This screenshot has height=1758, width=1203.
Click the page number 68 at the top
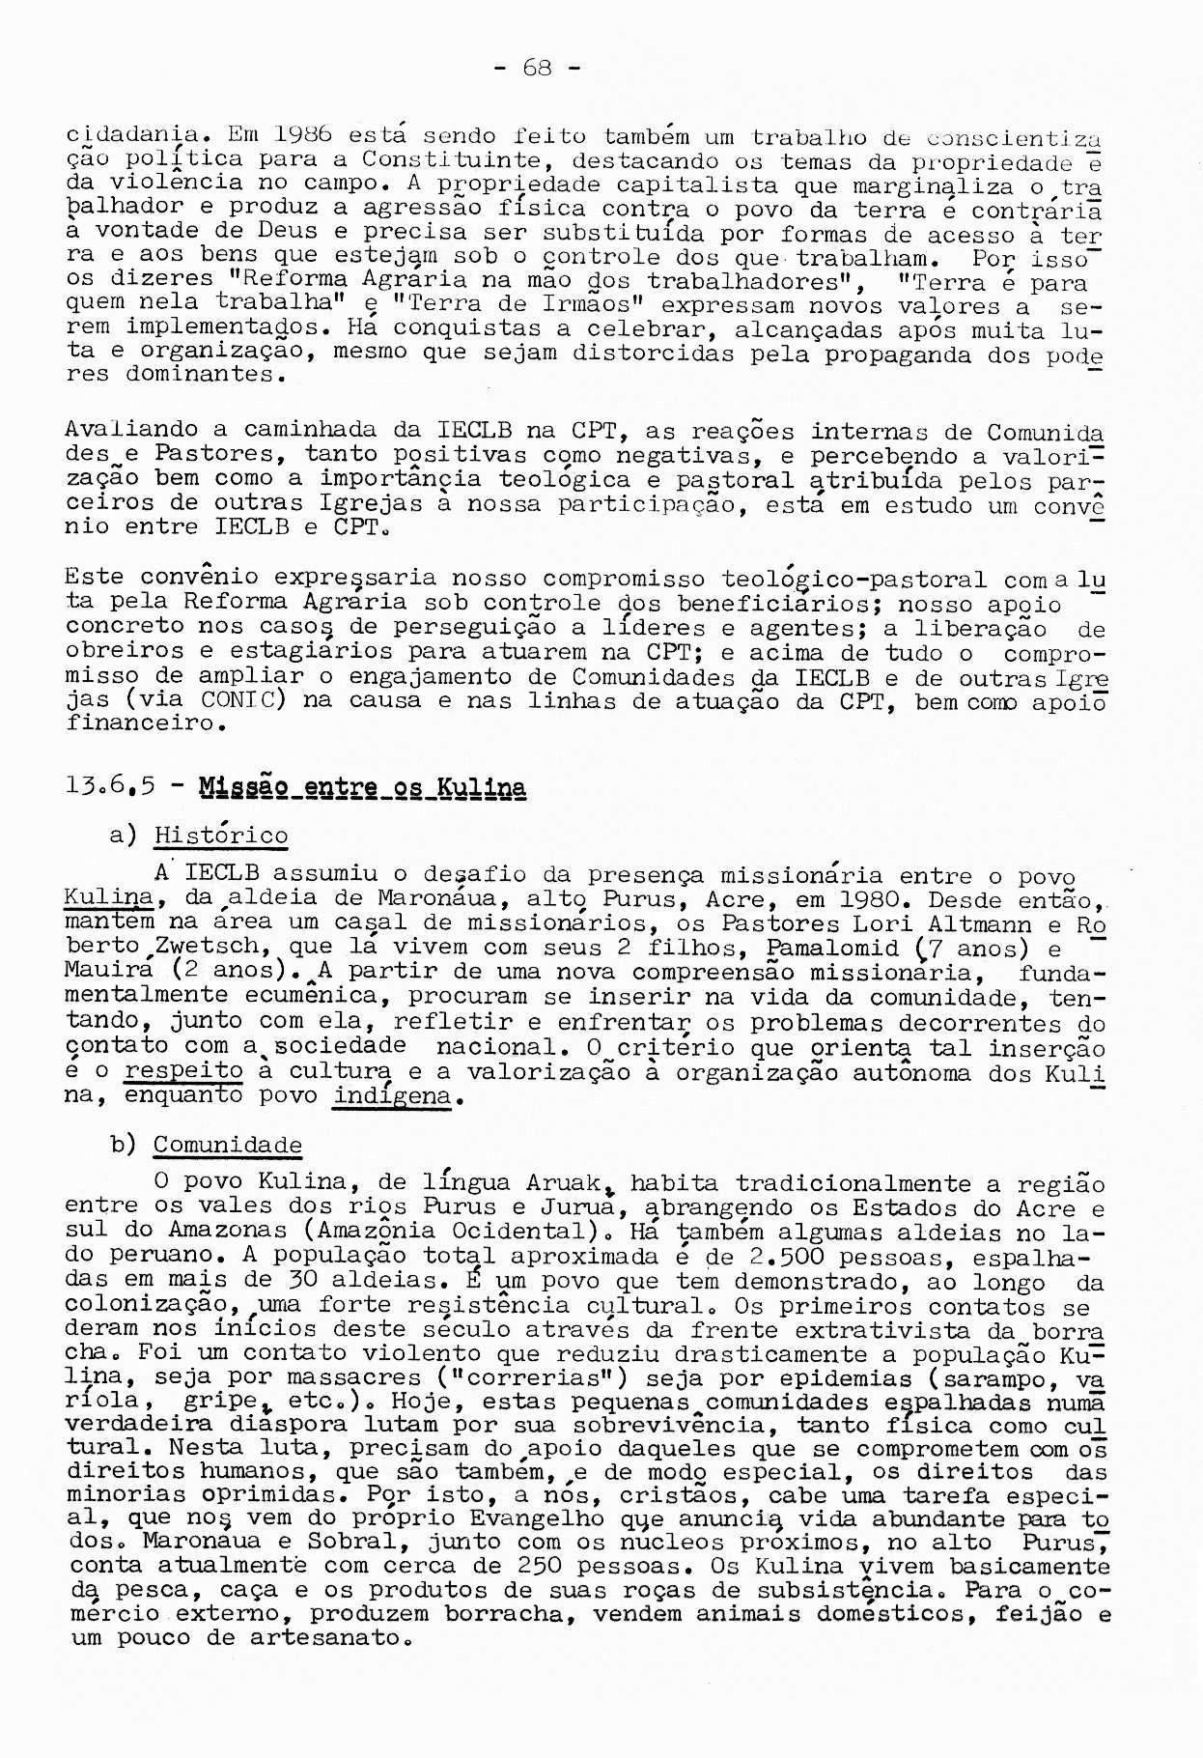pyautogui.click(x=536, y=68)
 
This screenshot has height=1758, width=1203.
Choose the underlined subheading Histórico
pyautogui.click(x=221, y=836)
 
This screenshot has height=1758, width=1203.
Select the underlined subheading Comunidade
pyautogui.click(x=228, y=1146)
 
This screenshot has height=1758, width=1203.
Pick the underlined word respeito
pyautogui.click(x=184, y=1071)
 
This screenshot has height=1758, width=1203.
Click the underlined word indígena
pyautogui.click(x=392, y=1096)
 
